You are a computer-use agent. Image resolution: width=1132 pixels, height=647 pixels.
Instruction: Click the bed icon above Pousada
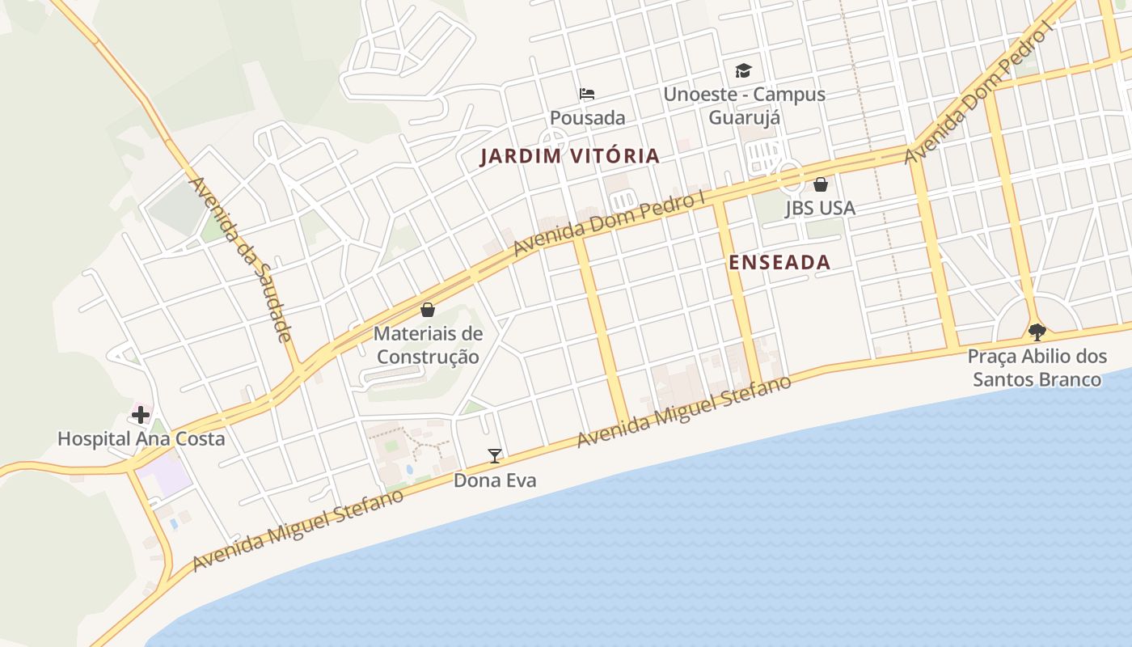point(587,95)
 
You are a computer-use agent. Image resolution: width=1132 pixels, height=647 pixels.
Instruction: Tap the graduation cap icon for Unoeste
point(743,71)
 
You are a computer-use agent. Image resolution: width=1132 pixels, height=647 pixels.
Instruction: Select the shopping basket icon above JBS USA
point(820,185)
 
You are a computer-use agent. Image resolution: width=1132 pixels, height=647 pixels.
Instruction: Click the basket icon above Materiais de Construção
point(427,310)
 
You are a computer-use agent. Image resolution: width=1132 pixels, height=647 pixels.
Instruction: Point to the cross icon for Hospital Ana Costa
point(141,416)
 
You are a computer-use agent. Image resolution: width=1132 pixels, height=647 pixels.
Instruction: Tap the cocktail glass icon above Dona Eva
point(494,456)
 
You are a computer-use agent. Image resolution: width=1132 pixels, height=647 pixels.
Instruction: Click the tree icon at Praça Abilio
point(1037,332)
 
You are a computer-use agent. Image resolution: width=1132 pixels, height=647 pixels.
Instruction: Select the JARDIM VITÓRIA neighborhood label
point(570,156)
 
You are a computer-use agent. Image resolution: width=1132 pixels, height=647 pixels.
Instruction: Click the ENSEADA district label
point(779,262)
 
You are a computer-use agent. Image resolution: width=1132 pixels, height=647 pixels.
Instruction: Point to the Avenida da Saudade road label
point(239,259)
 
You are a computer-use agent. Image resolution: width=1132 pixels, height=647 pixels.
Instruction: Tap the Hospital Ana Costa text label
point(141,439)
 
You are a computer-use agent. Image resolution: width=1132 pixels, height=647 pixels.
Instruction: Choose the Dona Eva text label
point(494,480)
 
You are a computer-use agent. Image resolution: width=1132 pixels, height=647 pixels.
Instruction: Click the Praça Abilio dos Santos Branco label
point(1037,368)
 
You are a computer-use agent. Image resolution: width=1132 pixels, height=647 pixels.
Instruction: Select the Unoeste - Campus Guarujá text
point(744,105)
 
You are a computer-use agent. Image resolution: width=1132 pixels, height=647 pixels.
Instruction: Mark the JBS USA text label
point(820,209)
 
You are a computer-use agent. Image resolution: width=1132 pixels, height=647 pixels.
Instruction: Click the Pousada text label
point(587,118)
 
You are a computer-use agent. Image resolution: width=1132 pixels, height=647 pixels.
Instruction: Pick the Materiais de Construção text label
point(428,345)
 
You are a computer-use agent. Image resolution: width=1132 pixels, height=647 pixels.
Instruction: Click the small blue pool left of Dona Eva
point(408,469)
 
